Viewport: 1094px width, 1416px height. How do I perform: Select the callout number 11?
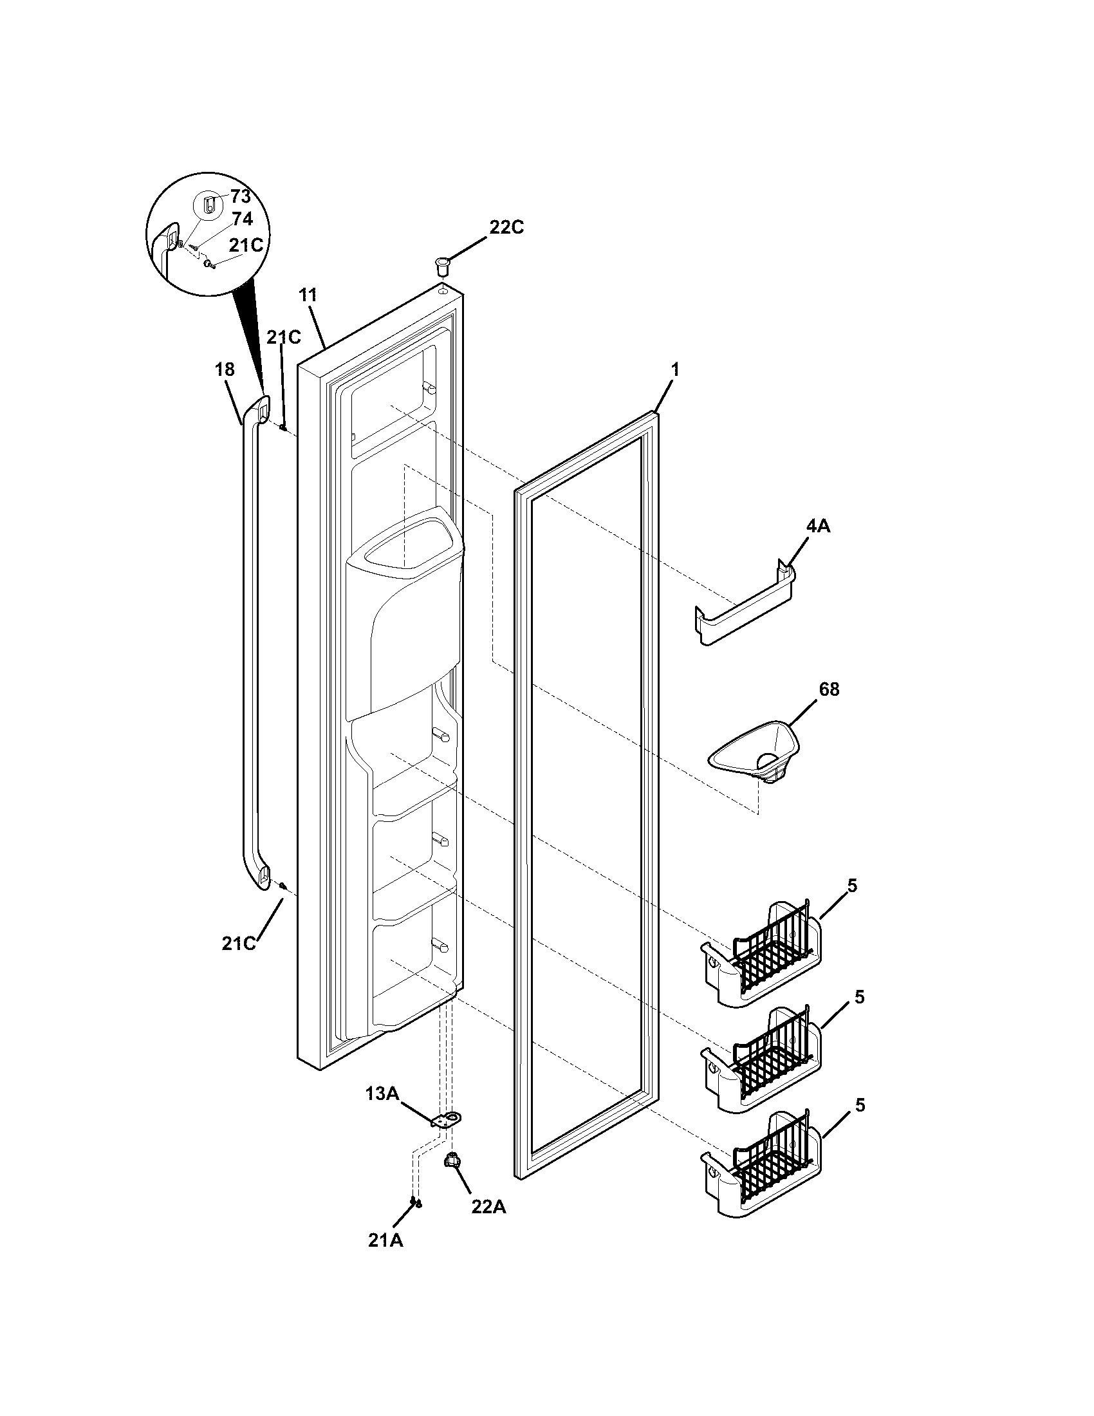point(308,295)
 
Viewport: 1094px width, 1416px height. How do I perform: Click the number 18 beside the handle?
point(225,369)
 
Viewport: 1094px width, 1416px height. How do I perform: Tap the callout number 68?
point(829,690)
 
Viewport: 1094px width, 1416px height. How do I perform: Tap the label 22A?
point(488,1207)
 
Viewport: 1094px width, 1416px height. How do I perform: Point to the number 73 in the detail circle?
point(240,197)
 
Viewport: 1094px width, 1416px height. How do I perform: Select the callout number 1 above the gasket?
point(674,370)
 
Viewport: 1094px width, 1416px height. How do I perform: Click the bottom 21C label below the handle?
point(239,944)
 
